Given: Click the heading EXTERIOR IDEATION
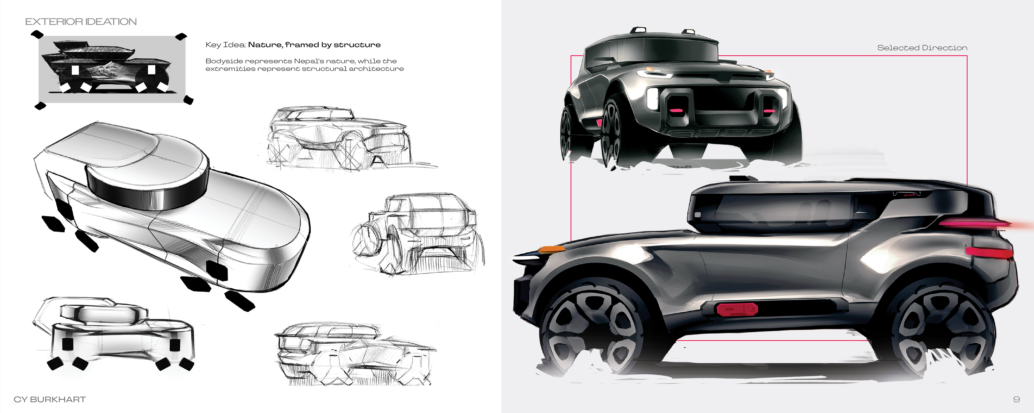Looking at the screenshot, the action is tap(81, 22).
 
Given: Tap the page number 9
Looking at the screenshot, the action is tap(1016, 399).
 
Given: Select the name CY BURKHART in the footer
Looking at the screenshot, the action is tap(50, 399).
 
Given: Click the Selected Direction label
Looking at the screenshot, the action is tap(922, 48).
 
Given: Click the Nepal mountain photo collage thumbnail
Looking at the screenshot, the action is tap(111, 69).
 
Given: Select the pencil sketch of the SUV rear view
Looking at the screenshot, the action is tap(420, 234).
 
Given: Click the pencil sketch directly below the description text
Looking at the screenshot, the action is tap(341, 138).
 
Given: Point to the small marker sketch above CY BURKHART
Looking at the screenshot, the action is tap(114, 333).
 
